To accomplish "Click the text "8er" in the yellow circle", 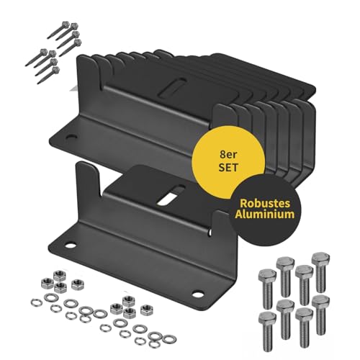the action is pyautogui.click(x=228, y=155).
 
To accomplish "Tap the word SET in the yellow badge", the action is pyautogui.click(x=228, y=167).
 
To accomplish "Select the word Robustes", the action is pyautogui.click(x=265, y=203).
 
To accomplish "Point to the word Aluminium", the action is pyautogui.click(x=265, y=214).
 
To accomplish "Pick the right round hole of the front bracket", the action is pyautogui.click(x=197, y=294).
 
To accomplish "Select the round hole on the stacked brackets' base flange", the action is pyautogui.click(x=71, y=138).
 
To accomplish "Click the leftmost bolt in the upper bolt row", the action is pyautogui.click(x=267, y=288).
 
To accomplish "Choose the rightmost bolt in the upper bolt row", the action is pyautogui.click(x=320, y=272).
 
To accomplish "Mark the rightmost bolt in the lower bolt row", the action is pyautogui.click(x=320, y=315).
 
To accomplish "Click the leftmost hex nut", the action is pyautogui.click(x=47, y=283).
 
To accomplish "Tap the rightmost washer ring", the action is pyautogui.click(x=169, y=339).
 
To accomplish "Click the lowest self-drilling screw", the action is pyautogui.click(x=48, y=75).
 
